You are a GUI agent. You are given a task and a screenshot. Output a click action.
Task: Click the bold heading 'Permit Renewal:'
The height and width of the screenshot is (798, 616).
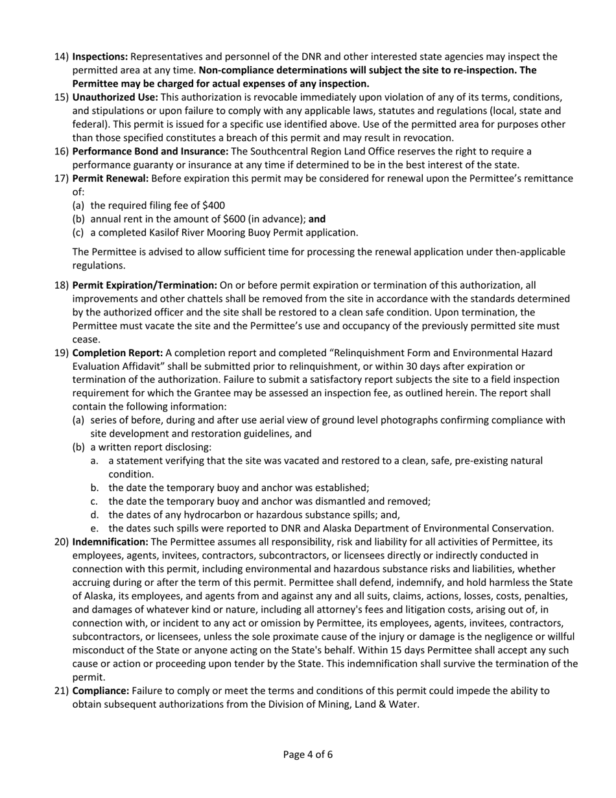pos(110,178)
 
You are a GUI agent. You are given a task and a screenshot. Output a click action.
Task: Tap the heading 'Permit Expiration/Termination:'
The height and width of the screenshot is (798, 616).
pos(145,285)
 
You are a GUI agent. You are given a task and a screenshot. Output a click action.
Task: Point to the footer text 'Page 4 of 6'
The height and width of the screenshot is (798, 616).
pos(308,754)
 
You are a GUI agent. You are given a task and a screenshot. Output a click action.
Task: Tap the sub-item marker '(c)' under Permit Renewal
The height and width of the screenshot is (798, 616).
pos(78,232)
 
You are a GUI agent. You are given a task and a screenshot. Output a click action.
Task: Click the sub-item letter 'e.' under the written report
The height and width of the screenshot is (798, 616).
pos(95,527)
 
